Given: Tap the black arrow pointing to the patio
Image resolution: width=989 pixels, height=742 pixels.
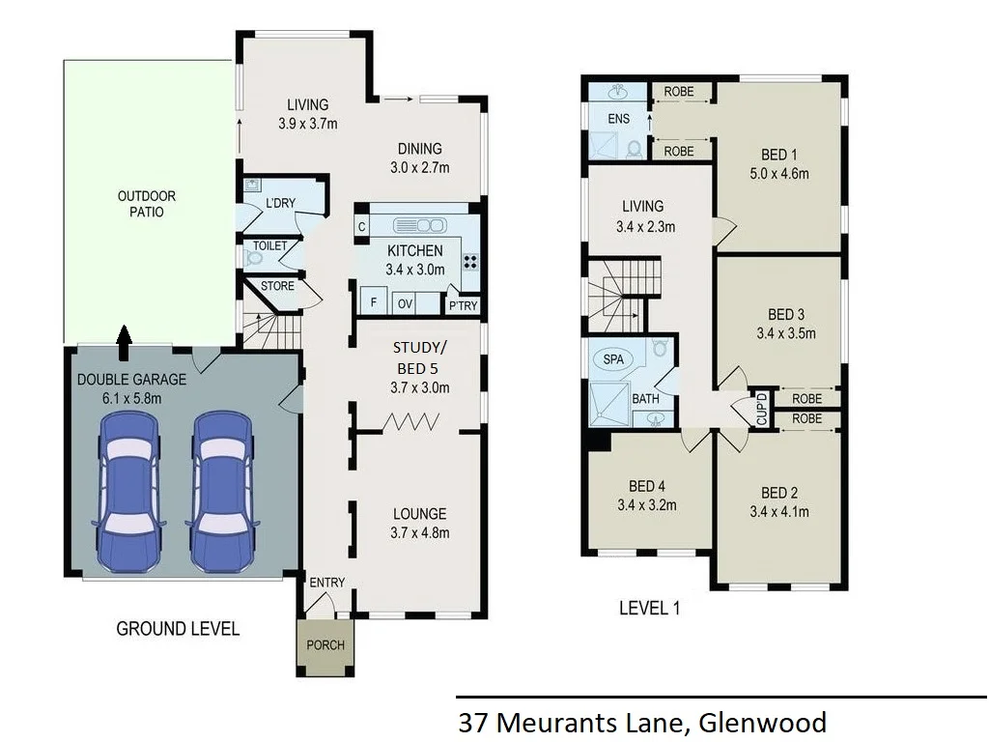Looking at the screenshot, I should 124,334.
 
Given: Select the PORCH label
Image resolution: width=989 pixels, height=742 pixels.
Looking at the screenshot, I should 325,645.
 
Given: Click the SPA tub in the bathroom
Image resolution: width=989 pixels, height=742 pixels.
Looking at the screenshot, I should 612,358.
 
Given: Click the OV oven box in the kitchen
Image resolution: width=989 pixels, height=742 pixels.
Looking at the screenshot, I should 405,303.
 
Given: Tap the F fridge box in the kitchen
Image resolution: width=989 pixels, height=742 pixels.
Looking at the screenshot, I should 372,302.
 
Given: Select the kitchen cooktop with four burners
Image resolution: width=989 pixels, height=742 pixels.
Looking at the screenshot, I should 471,260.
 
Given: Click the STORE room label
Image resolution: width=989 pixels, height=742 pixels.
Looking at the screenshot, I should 277,286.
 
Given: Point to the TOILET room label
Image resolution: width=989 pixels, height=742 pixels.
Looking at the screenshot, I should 269,245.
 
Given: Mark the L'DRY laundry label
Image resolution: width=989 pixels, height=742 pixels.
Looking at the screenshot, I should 280,202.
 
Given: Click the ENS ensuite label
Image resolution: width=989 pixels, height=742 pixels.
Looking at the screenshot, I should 618,119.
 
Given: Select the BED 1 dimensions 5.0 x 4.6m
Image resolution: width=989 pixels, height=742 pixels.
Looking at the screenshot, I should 779,174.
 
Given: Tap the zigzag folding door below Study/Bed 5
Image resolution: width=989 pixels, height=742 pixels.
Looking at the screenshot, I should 413,421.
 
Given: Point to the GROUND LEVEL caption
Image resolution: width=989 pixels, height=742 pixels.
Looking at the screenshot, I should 178,629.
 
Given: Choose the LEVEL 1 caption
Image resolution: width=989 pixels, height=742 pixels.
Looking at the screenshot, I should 649,608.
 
